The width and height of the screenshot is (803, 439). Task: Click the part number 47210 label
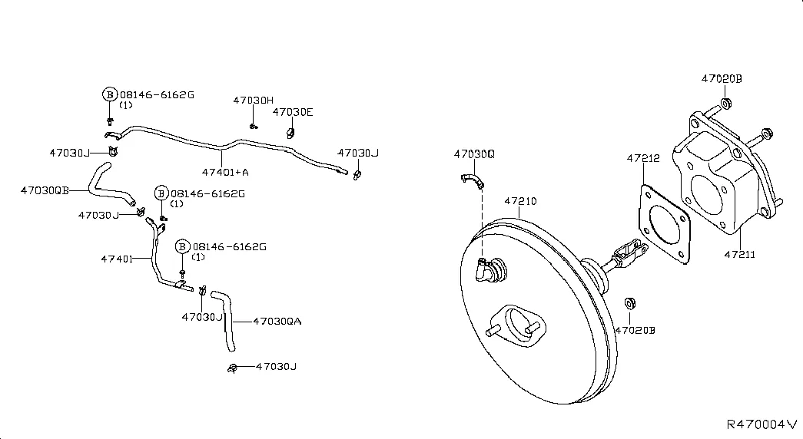(520, 201)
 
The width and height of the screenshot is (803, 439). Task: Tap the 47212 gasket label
(643, 159)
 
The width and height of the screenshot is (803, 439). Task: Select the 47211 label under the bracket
(739, 254)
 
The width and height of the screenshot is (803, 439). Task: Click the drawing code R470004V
(762, 424)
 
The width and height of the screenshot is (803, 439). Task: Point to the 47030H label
(254, 101)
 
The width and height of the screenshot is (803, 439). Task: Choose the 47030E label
(293, 112)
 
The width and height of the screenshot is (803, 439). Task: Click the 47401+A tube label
(225, 173)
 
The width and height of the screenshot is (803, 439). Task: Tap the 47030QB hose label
(45, 190)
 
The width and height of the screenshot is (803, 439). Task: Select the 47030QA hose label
(277, 322)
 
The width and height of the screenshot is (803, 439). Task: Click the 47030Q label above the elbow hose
(474, 154)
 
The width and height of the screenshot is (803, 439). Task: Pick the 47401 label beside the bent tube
(117, 259)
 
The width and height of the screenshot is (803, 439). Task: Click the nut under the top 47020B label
(725, 104)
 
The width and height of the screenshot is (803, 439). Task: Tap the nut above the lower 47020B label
(630, 303)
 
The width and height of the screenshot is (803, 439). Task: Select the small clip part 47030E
(290, 133)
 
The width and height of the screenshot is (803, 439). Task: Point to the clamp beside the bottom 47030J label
(233, 368)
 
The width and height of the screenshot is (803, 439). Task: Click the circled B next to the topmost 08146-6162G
(110, 94)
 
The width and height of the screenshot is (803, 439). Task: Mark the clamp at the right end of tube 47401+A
(357, 176)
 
